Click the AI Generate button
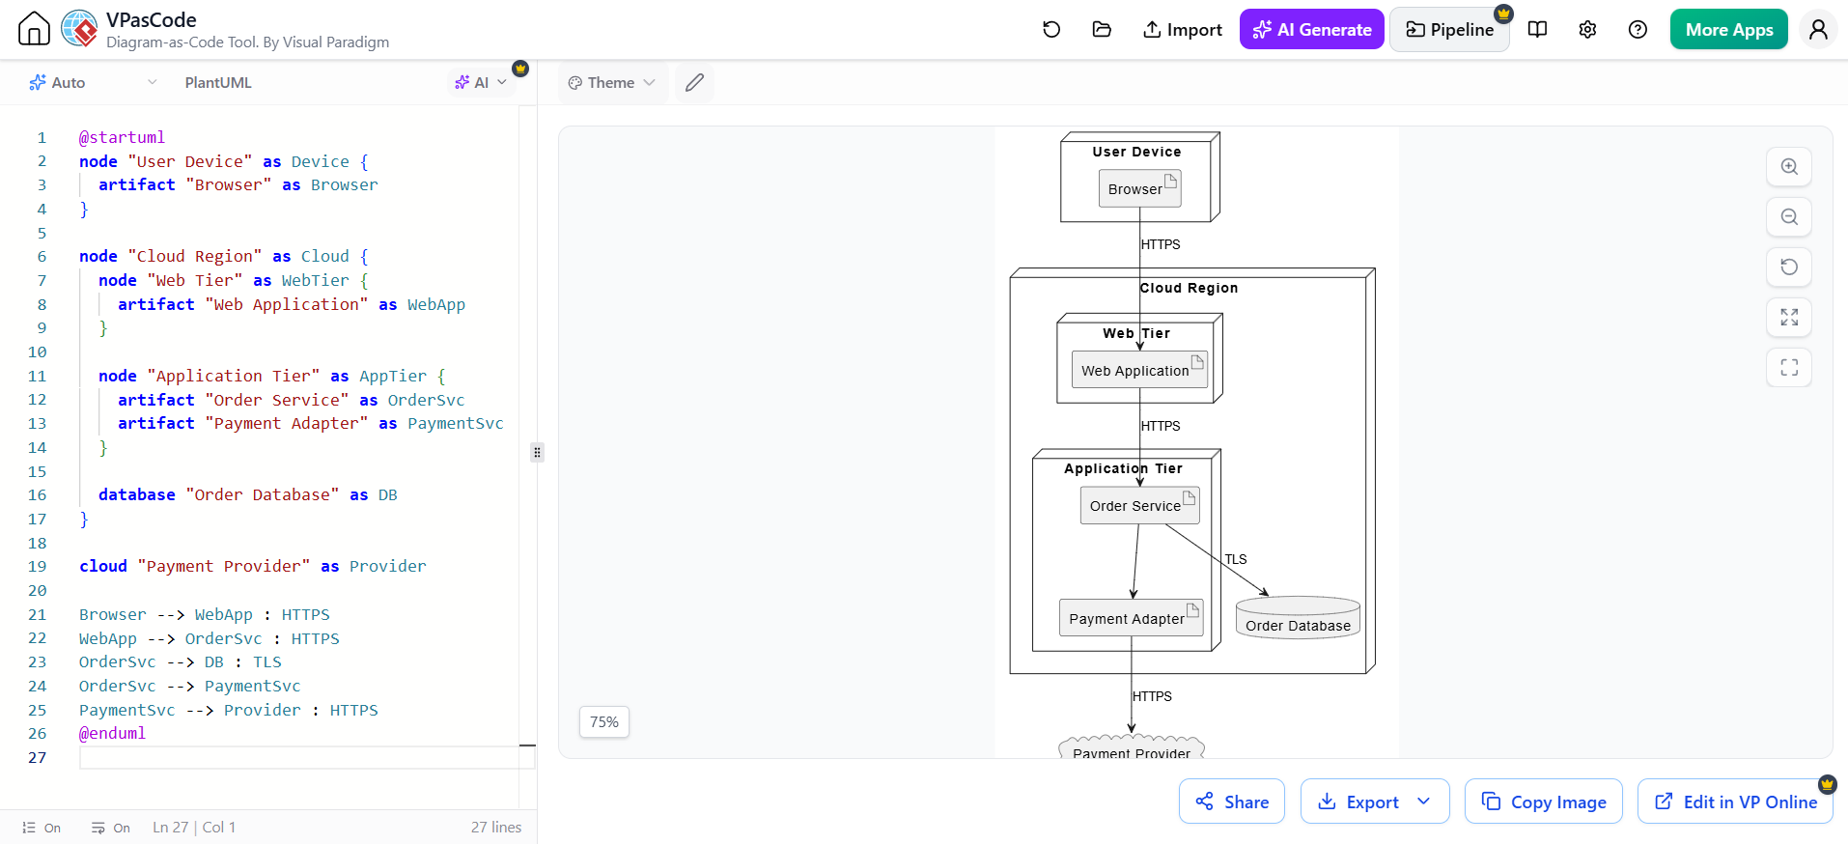[1311, 30]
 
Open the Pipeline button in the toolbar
[1449, 30]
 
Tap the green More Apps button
[1728, 30]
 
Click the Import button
[1182, 30]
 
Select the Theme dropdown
[612, 83]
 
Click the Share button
[1232, 802]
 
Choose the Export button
[1375, 802]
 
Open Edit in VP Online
[1735, 802]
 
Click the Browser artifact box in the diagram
[1140, 188]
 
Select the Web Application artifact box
[1139, 370]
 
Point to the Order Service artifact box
[1140, 505]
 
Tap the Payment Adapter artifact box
[1132, 618]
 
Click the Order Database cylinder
[1299, 618]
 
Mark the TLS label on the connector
[1236, 559]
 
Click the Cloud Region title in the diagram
[1189, 288]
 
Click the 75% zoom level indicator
[604, 721]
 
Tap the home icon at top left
[34, 29]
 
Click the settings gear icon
[1587, 30]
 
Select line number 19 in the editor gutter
[37, 566]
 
